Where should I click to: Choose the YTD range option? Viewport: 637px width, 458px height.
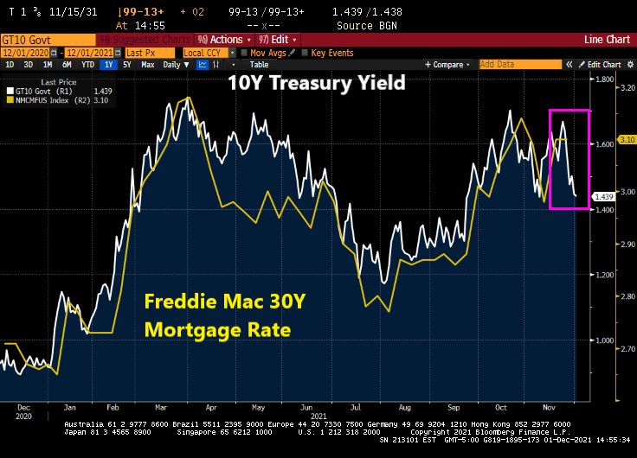pos(88,65)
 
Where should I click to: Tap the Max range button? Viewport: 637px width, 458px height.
pos(148,65)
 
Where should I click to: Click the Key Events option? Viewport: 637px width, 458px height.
pos(331,53)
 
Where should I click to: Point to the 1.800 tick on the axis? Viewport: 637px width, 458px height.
pos(603,79)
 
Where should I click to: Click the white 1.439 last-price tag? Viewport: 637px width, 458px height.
pos(603,197)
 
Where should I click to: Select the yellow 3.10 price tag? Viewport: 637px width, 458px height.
pos(627,139)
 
